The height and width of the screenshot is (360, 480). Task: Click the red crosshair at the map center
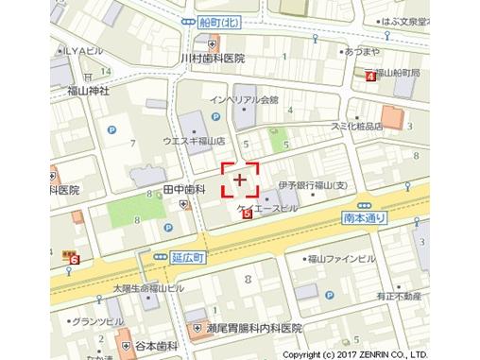tap(240, 178)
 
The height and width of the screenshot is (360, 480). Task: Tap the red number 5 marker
tap(248, 214)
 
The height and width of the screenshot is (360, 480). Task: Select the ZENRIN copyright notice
tap(380, 354)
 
